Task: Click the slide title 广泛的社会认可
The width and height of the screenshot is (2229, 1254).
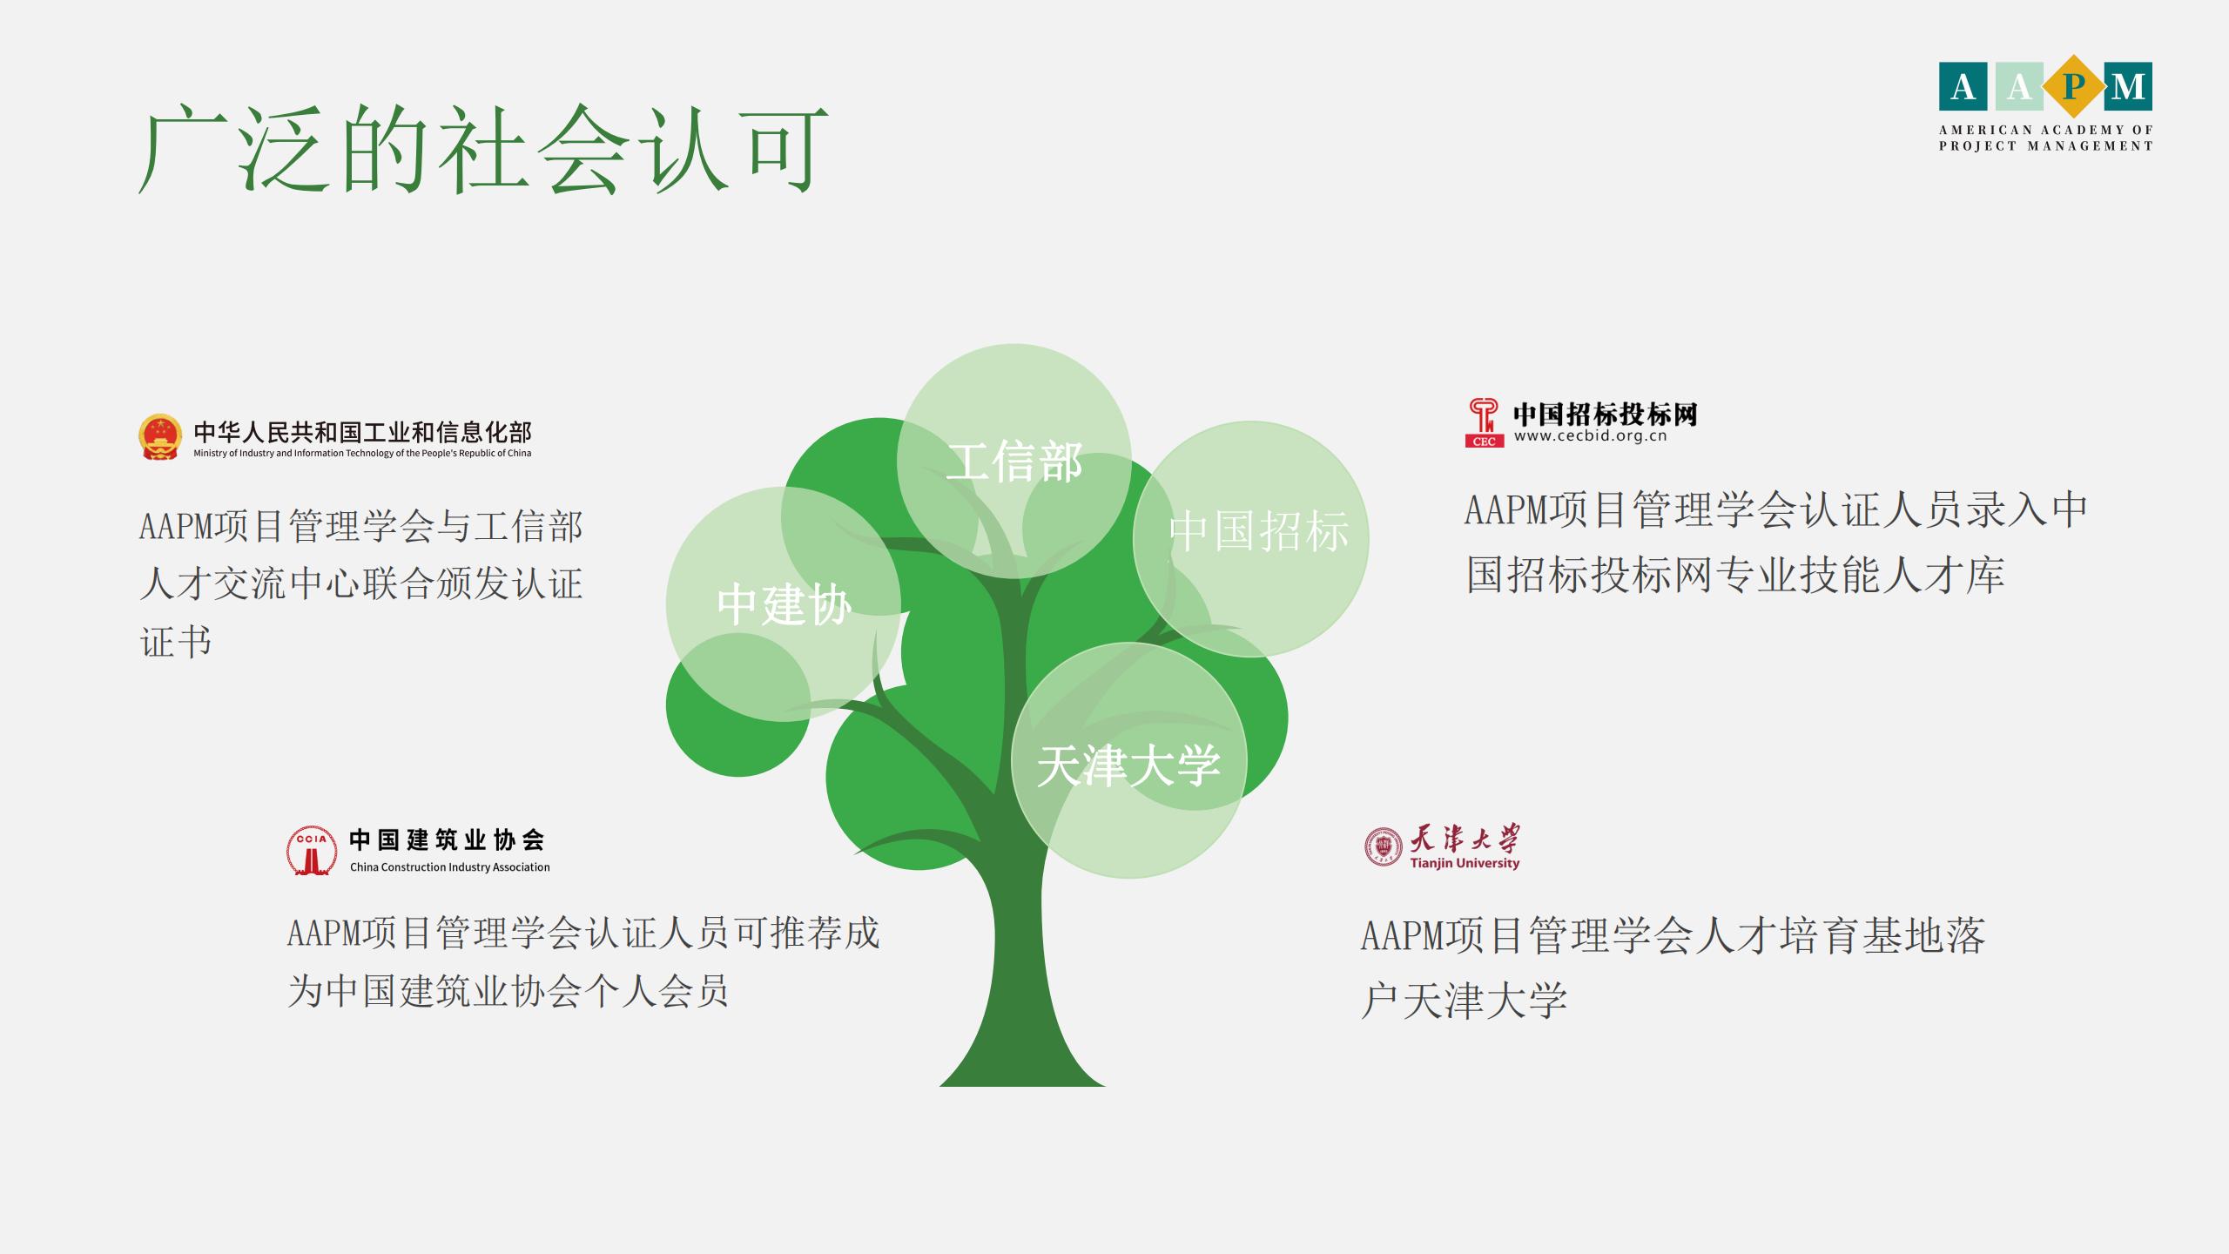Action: (483, 150)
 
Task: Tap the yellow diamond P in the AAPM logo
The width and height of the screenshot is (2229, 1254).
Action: (2073, 86)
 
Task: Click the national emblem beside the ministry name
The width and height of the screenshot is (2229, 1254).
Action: (160, 437)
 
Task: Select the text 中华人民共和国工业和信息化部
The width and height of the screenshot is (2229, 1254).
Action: (362, 432)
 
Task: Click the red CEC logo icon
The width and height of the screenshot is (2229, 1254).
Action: (1484, 422)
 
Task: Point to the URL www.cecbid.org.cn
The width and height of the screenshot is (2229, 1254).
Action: (1590, 436)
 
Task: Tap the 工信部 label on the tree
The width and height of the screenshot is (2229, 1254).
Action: (1014, 462)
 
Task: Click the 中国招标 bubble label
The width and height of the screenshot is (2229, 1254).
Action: (1259, 530)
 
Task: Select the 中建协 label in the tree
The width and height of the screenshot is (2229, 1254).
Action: (784, 604)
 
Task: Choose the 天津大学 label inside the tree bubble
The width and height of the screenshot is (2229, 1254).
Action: (1128, 765)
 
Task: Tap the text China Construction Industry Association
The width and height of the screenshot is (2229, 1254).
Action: (450, 867)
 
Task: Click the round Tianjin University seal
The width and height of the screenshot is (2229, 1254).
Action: (1384, 846)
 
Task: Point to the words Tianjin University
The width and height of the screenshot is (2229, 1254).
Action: (1465, 863)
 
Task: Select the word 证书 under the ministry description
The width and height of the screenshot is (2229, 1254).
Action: (176, 643)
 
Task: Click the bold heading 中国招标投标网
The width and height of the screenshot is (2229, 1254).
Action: (1606, 414)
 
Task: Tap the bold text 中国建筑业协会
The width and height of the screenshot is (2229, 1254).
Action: (448, 839)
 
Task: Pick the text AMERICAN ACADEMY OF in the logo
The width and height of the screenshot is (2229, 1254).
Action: (2046, 130)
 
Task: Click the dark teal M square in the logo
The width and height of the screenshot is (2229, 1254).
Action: (2128, 86)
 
